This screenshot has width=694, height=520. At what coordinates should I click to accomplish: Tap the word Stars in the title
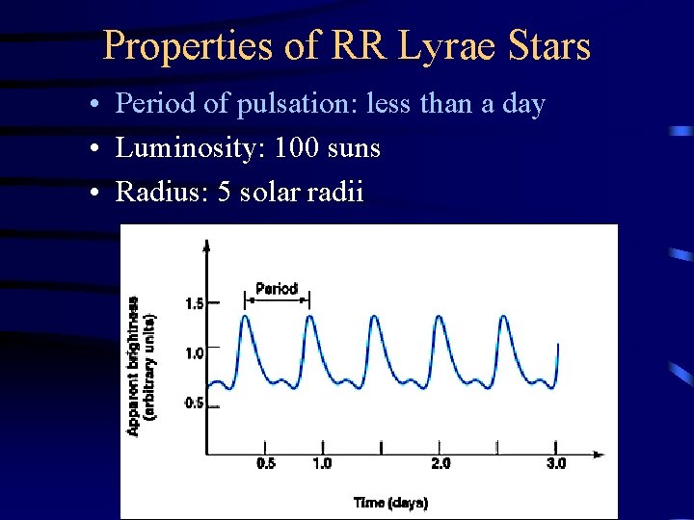[x=549, y=46]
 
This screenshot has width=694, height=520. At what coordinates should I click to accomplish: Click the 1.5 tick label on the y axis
[x=194, y=303]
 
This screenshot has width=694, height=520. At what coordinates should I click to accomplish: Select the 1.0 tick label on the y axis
[x=194, y=353]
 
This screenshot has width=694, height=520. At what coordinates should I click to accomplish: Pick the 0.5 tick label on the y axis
[x=194, y=403]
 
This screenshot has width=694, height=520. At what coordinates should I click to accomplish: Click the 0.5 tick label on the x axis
[x=266, y=464]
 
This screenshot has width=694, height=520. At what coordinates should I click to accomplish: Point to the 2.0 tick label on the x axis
[x=440, y=464]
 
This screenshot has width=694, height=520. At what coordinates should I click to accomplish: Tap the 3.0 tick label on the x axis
[x=556, y=464]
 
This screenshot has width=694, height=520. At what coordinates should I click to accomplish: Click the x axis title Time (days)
[x=390, y=503]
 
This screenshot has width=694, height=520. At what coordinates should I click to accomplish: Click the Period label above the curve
[x=277, y=288]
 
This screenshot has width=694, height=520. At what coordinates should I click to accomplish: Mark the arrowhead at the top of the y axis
[x=206, y=245]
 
